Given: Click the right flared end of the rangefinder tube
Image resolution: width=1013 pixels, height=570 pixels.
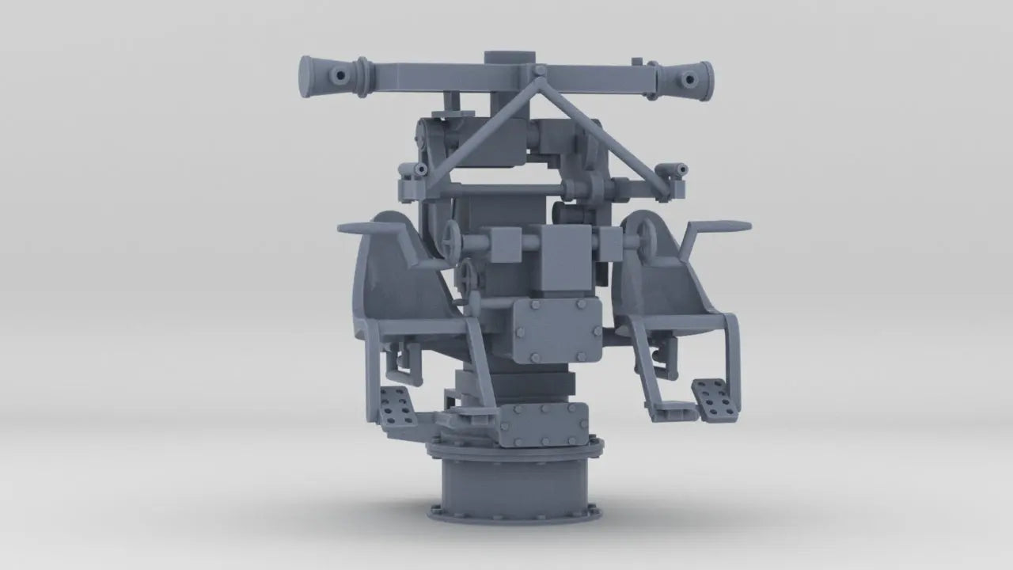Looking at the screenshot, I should click(702, 78).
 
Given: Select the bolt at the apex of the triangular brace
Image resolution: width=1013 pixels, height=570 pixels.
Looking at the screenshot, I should click(539, 72).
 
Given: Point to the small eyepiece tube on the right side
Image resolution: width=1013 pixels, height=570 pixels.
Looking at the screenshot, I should click(678, 169).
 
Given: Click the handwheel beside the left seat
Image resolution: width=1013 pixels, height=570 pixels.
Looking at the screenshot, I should click(453, 237).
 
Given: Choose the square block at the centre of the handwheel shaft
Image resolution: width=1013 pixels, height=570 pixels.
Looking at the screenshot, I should click(562, 245).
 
